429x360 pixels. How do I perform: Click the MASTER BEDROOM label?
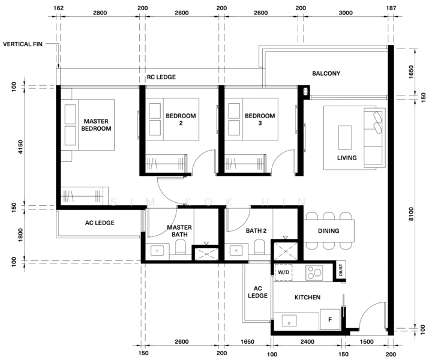pos(97,125)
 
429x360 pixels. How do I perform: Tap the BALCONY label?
pos(326,73)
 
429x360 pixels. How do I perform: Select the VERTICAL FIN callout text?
pos(23,44)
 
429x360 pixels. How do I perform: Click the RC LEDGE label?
pos(161,77)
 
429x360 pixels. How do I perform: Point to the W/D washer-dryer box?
pos(283,272)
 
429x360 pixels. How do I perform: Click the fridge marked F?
pos(330,320)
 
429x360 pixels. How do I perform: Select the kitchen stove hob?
pos(314,273)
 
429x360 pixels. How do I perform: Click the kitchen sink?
pos(289,320)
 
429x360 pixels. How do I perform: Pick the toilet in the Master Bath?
pos(181,247)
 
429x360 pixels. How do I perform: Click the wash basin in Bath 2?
pos(236,250)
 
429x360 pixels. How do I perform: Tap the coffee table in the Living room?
pos(345,137)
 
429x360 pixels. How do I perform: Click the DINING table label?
pos(328,231)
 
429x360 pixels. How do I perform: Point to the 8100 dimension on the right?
pos(410,214)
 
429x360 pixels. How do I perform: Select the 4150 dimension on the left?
pos(21,148)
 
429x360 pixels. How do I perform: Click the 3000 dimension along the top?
pos(346,13)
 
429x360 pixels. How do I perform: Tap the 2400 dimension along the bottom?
pos(307,341)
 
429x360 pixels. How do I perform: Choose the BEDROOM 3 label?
pos(260,119)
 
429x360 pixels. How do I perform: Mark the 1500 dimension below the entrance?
pos(367,341)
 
